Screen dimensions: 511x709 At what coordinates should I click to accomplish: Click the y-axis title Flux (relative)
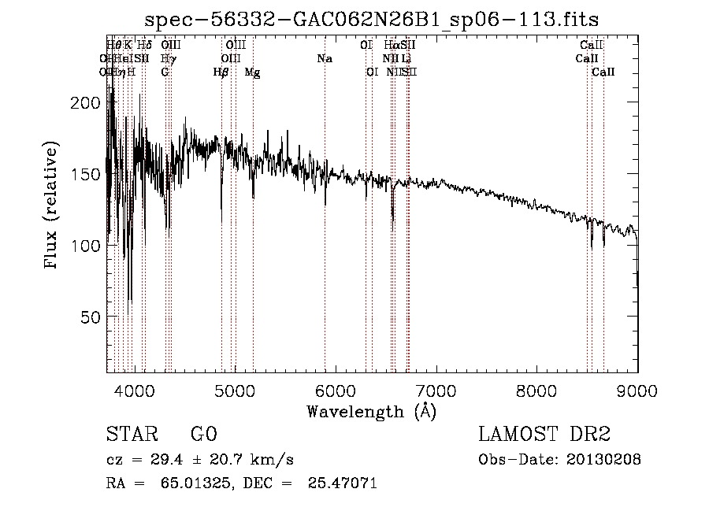point(53,206)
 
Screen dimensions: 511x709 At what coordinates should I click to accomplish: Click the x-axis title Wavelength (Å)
point(371,411)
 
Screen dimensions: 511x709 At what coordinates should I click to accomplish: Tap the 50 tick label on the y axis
point(92,317)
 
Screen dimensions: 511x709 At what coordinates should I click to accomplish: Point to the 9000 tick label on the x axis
point(637,389)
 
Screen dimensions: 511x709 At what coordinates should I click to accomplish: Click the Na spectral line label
point(325,59)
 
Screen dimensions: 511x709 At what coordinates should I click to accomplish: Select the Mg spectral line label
point(252,72)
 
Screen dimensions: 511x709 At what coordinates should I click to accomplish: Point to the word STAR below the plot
point(131,435)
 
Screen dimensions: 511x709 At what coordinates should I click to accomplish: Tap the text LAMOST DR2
point(544,435)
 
